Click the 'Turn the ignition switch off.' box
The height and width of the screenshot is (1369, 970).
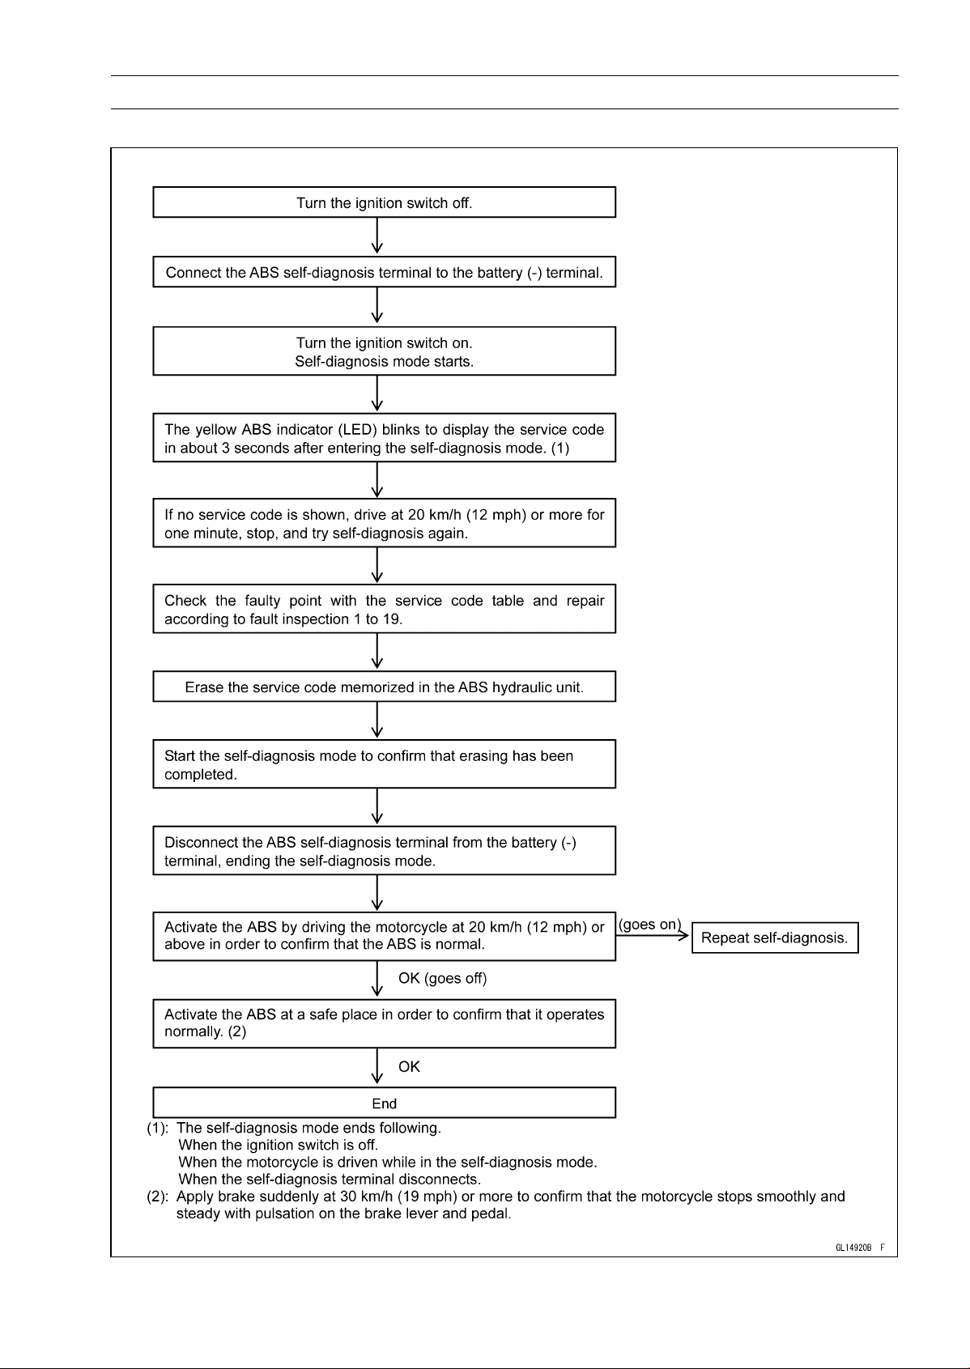pos(384,202)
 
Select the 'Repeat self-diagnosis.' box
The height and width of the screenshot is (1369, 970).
pos(774,937)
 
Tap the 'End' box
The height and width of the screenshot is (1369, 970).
pos(384,1103)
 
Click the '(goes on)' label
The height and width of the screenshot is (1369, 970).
pos(649,924)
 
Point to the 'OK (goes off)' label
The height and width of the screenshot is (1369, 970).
pos(443,979)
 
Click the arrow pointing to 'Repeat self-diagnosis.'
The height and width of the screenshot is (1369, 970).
pos(652,936)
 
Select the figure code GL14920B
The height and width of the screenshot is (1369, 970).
pos(853,1248)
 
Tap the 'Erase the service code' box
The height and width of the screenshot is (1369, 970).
pos(384,687)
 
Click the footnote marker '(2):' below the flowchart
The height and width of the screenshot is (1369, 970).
pos(157,1196)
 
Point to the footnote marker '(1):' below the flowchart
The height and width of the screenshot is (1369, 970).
pos(157,1128)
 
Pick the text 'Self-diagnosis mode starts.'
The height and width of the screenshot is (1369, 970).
pos(385,361)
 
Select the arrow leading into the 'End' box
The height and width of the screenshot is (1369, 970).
pos(377,1066)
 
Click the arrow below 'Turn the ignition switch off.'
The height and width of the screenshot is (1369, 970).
pos(377,236)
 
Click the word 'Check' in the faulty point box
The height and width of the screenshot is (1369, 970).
pos(185,601)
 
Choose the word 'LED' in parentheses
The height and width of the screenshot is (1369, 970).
pos(358,430)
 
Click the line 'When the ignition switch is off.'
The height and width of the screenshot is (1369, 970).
pos(278,1145)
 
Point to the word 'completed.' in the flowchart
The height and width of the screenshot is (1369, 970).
pos(201,775)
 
